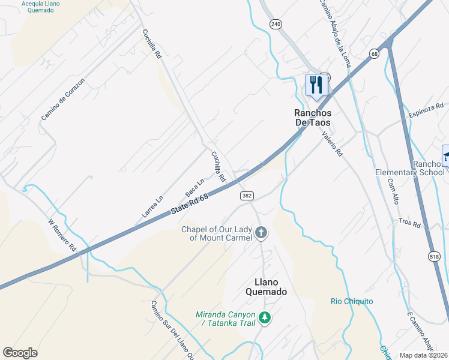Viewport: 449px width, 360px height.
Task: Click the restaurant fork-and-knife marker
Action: click(x=316, y=85)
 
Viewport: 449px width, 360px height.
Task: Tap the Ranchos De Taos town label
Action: click(x=312, y=116)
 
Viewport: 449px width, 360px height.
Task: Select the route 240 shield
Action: click(x=276, y=24)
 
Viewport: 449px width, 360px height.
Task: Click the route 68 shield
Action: click(x=375, y=54)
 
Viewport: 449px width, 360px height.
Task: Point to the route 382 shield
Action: click(x=247, y=196)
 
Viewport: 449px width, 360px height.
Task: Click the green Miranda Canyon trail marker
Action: click(x=265, y=317)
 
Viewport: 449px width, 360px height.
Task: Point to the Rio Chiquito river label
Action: click(x=352, y=301)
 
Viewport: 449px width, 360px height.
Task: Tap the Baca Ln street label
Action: click(x=194, y=187)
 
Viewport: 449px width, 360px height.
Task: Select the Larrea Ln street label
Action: click(x=152, y=208)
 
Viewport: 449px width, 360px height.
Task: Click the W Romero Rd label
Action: click(x=62, y=235)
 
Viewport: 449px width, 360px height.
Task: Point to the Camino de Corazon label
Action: click(x=62, y=98)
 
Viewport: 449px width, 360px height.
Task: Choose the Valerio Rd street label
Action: click(x=331, y=144)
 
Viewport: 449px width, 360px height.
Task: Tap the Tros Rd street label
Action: click(x=409, y=223)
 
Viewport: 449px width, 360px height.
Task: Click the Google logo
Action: click(x=20, y=353)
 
